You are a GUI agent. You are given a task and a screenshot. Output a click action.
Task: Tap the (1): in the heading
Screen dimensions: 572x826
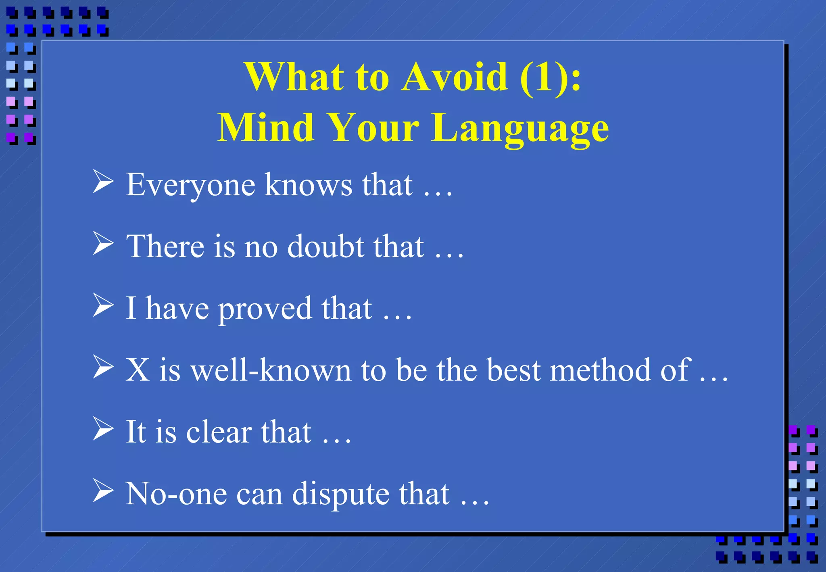tap(551, 77)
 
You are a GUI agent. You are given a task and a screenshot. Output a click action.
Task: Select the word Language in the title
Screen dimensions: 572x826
tap(520, 128)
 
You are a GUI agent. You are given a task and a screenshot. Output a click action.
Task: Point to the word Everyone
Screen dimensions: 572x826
tap(190, 185)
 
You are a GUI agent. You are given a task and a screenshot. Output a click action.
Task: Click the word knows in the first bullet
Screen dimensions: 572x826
tap(308, 185)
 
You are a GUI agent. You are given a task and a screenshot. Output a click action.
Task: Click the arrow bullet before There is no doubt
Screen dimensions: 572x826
tap(103, 243)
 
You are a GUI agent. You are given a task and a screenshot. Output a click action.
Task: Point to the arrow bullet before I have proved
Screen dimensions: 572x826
tap(103, 305)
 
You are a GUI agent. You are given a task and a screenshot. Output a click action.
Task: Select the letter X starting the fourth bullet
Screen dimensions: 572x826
tap(137, 370)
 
